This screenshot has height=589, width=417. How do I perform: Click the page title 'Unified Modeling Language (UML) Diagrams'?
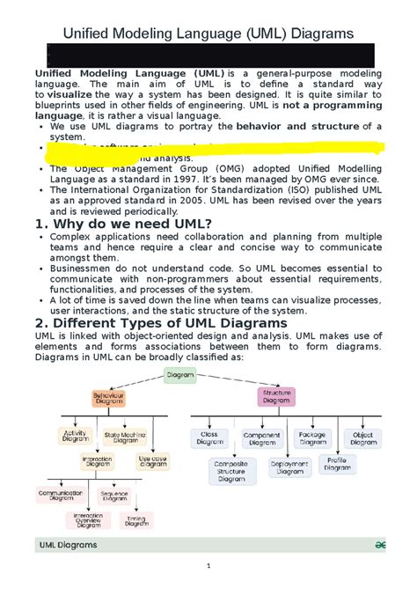pos(208,33)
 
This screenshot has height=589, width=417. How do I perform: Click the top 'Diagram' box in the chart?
pos(180,376)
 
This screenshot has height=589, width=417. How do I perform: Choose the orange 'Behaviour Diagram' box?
pos(109,399)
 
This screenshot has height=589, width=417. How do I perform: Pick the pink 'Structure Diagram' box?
pos(276,396)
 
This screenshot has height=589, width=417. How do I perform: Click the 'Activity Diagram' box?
pos(76,436)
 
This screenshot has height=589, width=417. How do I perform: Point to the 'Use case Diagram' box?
pos(152,460)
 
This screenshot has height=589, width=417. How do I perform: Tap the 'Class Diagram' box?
pos(209,438)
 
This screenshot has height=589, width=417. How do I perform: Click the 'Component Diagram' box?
pos(261,438)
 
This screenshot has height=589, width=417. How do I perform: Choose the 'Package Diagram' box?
pos(312,438)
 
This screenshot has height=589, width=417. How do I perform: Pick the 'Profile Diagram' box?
pos(337,463)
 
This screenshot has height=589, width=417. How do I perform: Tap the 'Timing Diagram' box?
pos(135,520)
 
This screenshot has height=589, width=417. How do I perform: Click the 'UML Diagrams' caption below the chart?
pos(68,545)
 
